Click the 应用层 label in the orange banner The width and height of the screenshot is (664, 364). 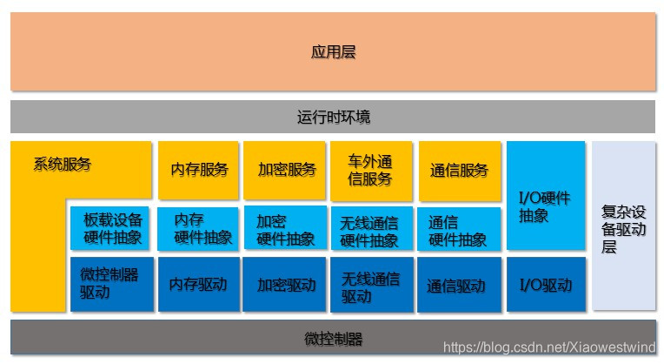(332, 52)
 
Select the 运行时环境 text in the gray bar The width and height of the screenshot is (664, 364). (332, 117)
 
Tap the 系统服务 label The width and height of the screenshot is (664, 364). (62, 164)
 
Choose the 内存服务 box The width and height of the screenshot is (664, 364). (199, 170)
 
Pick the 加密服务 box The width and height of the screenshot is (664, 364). (286, 170)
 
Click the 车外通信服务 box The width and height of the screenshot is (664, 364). (372, 170)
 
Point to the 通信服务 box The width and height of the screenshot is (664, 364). (459, 170)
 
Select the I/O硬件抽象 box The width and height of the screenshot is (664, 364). (545, 206)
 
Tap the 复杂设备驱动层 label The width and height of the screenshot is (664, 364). (623, 228)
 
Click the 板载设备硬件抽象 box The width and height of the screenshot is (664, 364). (111, 228)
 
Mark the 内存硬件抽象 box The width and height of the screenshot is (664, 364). (199, 228)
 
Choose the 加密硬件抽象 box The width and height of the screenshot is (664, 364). (286, 228)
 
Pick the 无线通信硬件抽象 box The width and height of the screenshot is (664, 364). (372, 228)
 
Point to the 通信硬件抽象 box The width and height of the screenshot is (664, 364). (459, 228)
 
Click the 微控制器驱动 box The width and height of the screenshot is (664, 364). (111, 284)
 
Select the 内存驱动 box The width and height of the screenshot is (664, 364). (199, 284)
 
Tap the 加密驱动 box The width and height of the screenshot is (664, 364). (286, 284)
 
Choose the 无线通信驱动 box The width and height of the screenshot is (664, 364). (372, 284)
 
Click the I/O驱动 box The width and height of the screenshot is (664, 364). (545, 284)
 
